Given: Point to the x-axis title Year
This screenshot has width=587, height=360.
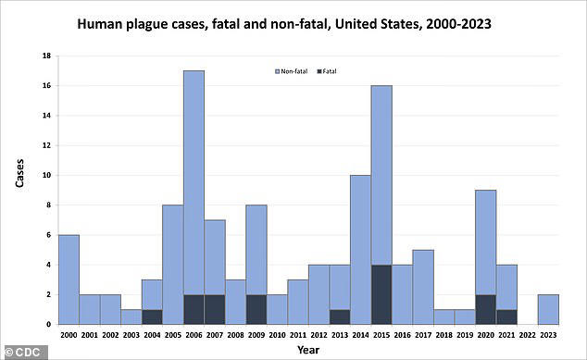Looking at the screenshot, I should (307, 349).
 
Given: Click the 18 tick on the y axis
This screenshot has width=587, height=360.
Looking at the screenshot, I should (46, 56).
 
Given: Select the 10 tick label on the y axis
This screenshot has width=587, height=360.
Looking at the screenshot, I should (46, 176).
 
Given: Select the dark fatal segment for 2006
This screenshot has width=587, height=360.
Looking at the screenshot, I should (194, 309).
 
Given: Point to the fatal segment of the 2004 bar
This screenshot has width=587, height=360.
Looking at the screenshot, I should (152, 317).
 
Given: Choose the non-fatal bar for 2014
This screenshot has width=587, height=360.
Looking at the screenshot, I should (360, 250).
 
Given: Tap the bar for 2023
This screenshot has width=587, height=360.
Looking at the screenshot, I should (548, 309).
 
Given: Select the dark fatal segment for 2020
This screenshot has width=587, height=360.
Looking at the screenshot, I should (485, 309).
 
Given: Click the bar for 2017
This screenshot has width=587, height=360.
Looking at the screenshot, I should (423, 287).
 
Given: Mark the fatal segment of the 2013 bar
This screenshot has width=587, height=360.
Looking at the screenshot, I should (340, 317).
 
